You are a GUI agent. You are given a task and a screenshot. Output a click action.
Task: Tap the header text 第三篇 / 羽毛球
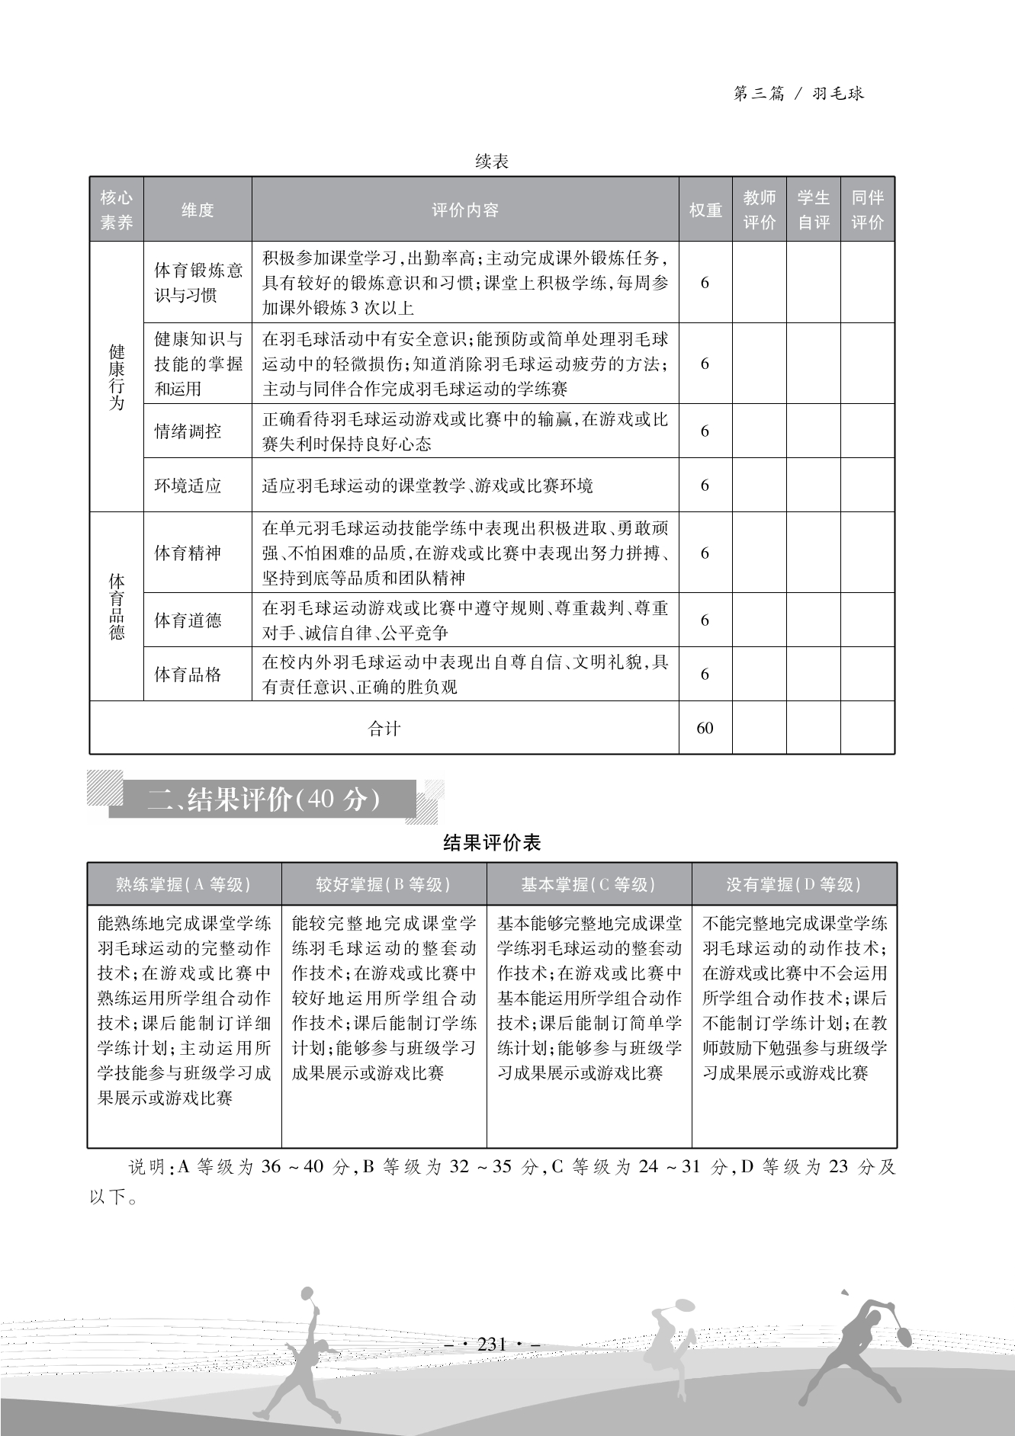point(798,94)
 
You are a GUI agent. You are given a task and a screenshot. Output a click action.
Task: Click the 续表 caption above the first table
point(492,162)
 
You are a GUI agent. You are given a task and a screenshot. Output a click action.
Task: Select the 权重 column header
point(705,210)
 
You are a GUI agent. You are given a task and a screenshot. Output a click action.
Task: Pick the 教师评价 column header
point(759,210)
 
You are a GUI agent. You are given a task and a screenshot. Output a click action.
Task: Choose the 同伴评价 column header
point(867,210)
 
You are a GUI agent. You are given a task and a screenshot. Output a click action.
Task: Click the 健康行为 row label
point(117,377)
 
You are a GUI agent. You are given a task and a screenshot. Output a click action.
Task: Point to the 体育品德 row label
point(117,606)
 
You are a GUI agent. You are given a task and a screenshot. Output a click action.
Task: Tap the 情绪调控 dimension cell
point(188,431)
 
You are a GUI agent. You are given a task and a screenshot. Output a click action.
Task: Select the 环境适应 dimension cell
point(188,486)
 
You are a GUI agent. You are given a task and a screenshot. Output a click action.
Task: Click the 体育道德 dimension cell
point(188,620)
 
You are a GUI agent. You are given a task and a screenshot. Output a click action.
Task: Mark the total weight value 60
point(705,728)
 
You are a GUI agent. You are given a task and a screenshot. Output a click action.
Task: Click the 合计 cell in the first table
point(384,729)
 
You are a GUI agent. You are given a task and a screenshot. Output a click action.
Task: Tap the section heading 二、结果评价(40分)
point(264,800)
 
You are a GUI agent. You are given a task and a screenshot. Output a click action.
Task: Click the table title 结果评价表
point(492,842)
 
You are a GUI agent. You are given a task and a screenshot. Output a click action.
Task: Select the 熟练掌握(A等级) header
point(184,884)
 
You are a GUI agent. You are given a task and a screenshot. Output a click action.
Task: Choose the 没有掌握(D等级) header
point(794,884)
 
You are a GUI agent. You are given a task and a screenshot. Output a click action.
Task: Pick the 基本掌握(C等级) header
point(589,884)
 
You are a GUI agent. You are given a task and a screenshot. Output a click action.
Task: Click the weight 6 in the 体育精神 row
point(705,553)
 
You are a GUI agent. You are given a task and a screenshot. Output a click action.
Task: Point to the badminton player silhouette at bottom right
point(862,1341)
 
